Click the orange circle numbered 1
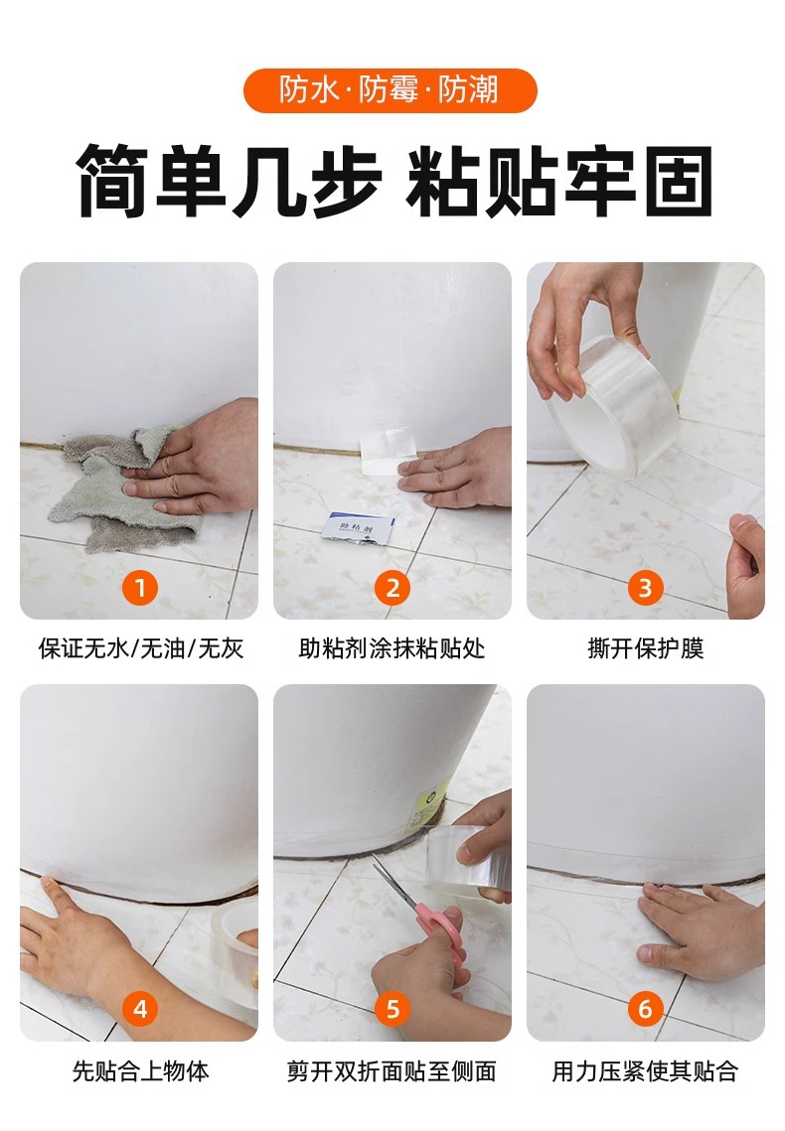(x=140, y=588)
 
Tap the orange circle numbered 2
(x=392, y=588)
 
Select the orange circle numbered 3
(x=645, y=588)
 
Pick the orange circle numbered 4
(x=140, y=1008)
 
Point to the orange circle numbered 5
(x=392, y=1008)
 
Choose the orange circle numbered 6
(x=645, y=1008)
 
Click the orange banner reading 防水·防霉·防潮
(x=391, y=91)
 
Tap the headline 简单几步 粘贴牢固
(x=393, y=181)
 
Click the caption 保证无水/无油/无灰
(x=141, y=648)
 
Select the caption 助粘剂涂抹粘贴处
(x=392, y=648)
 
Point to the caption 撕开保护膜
(x=645, y=648)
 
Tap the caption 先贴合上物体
(x=141, y=1070)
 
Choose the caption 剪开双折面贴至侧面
(x=392, y=1070)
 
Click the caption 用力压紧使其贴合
(x=645, y=1070)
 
